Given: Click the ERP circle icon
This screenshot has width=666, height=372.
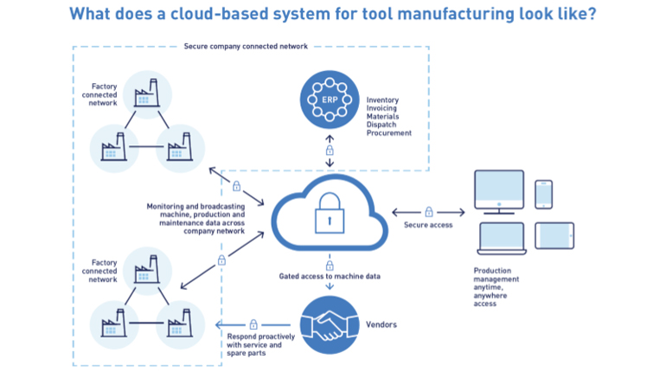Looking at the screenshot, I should [330, 99].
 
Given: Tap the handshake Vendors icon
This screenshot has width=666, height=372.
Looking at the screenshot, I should [330, 326].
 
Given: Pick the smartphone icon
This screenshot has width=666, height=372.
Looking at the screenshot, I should [543, 195].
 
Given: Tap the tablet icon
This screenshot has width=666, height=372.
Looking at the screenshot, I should [554, 236].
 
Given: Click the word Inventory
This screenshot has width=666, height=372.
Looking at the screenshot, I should [383, 99].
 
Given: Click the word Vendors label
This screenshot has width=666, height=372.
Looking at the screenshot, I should [381, 324].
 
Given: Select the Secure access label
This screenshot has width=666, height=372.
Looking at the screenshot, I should [428, 226].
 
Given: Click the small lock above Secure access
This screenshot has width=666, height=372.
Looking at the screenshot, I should [428, 211].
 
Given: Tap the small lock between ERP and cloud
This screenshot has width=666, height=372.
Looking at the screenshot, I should [330, 151].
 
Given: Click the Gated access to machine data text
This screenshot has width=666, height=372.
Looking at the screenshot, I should [330, 276].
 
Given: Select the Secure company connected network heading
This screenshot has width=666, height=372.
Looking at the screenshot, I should [246, 46].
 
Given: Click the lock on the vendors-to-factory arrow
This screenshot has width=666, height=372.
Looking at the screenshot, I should [253, 324].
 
